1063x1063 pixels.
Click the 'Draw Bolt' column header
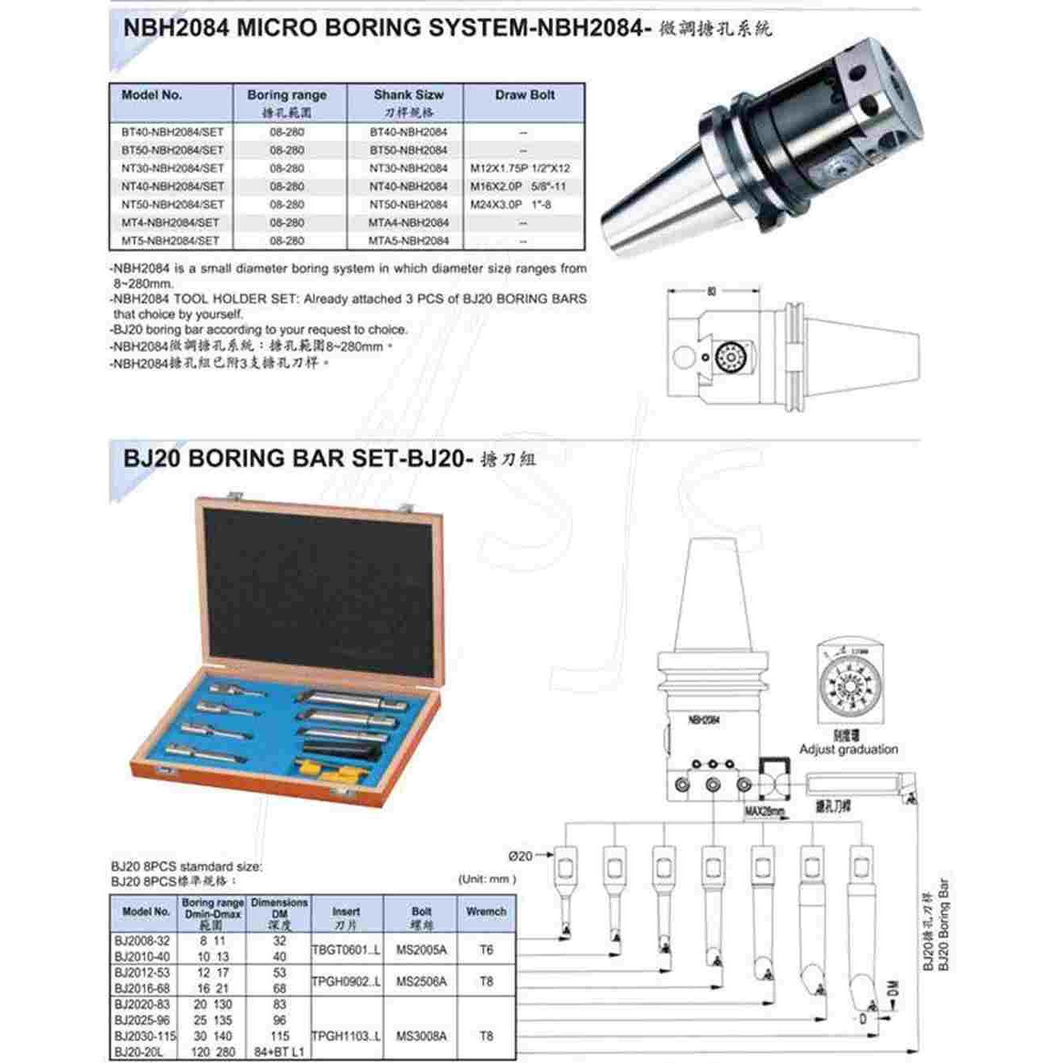point(524,95)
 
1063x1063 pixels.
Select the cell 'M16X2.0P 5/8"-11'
point(518,186)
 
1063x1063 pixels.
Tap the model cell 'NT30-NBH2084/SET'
point(173,169)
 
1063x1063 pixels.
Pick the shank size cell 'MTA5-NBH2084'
point(408,241)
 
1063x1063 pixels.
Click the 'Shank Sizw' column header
point(408,95)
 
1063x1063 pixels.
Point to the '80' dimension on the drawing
point(711,292)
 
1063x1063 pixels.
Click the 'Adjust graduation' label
point(849,749)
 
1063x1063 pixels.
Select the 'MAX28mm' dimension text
point(765,812)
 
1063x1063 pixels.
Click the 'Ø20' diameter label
point(520,856)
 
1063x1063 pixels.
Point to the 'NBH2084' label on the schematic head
point(704,720)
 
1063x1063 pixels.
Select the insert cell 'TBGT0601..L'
point(346,950)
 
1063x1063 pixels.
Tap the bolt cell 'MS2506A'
point(422,981)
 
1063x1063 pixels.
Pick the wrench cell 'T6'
point(486,950)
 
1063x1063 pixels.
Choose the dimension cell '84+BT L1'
point(279,1052)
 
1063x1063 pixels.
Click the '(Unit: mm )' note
point(487,879)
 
